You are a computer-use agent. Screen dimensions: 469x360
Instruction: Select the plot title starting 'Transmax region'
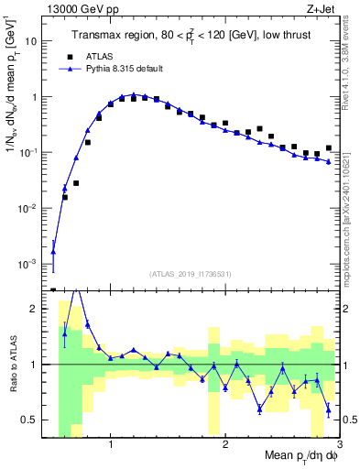coord(191,36)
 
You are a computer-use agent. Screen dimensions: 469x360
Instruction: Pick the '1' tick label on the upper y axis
coord(37,97)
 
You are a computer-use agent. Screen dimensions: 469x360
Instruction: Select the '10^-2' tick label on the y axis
coord(31,209)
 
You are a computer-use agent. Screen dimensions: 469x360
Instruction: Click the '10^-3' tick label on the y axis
coord(31,265)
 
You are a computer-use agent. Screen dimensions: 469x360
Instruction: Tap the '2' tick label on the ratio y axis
coord(37,309)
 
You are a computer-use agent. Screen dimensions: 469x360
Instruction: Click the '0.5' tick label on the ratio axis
coord(33,420)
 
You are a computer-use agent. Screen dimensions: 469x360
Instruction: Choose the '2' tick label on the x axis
coord(225,445)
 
